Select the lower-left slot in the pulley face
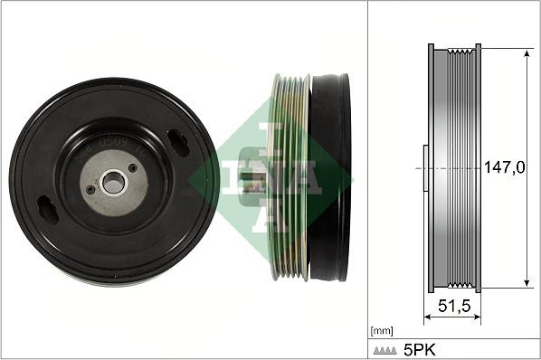47,211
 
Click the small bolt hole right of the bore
133,168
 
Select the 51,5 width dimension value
453,307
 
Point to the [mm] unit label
381,330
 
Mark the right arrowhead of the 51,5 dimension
477,317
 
